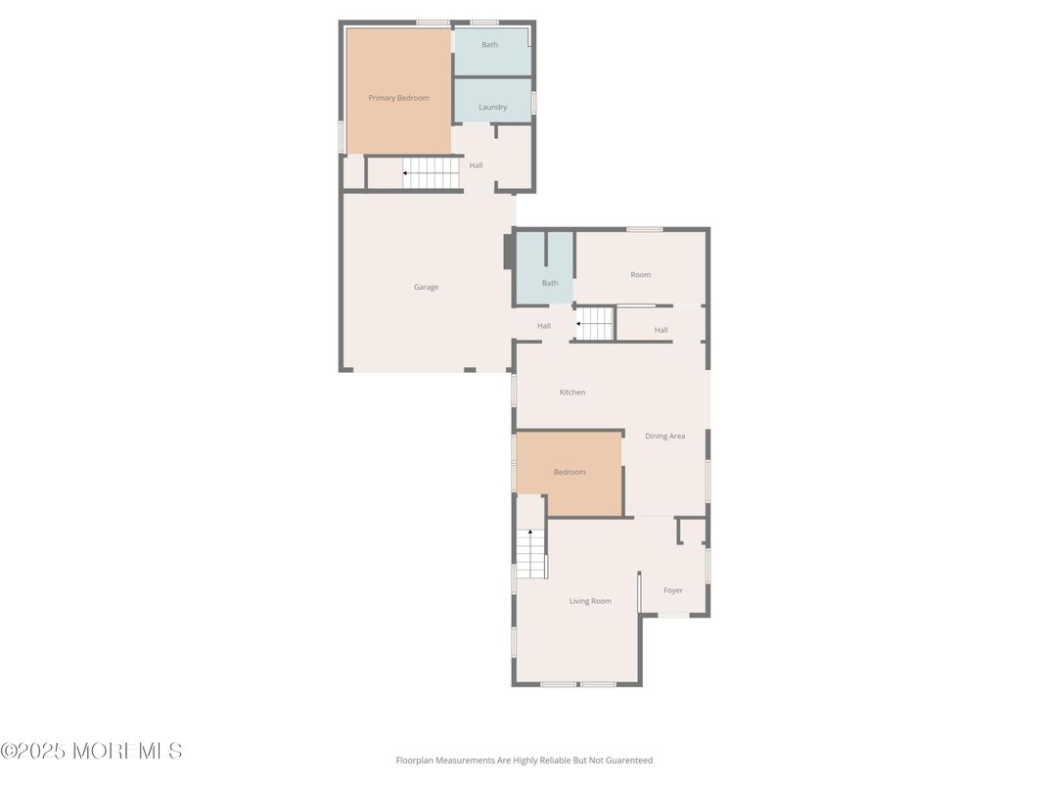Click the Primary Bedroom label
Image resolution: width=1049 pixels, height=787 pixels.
(398, 98)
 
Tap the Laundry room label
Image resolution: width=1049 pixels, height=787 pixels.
(493, 107)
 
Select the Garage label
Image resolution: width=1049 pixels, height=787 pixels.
(427, 287)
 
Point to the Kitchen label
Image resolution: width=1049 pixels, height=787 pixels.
(572, 393)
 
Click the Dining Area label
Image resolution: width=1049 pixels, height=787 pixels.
(665, 437)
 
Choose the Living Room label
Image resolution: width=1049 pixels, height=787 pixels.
(590, 601)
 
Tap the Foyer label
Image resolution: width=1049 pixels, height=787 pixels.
(673, 590)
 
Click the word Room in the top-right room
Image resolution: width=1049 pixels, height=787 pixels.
(640, 274)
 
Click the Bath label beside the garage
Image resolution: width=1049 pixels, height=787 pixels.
(550, 283)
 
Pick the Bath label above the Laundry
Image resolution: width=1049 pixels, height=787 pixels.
(489, 45)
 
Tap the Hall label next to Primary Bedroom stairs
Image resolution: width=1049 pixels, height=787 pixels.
(476, 165)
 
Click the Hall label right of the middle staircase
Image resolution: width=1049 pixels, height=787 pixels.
(661, 330)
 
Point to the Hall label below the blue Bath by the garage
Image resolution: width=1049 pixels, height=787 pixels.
(544, 326)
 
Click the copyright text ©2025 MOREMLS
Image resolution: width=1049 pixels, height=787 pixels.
(92, 751)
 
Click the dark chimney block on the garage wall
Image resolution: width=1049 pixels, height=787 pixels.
(509, 252)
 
